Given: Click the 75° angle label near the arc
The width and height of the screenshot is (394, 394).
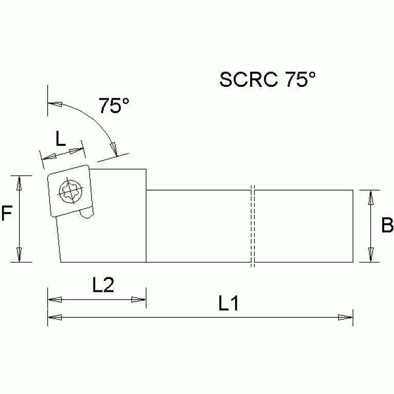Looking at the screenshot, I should point(114,106).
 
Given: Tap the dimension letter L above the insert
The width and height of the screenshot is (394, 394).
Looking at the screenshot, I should point(61,139).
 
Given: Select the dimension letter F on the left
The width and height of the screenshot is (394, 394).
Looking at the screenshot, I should point(6,214).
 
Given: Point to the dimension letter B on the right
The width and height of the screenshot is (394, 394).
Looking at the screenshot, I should point(387,225).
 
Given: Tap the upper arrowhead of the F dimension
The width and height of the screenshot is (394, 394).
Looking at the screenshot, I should point(20,183).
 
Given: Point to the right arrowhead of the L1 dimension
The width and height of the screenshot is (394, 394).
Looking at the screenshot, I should point(346,318).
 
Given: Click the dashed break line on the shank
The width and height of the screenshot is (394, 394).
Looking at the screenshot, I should point(253,226).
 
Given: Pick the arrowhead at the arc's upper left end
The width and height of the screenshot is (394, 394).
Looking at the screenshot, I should point(54,105).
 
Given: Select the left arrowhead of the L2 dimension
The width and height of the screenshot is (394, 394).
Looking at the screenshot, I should point(54,299).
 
